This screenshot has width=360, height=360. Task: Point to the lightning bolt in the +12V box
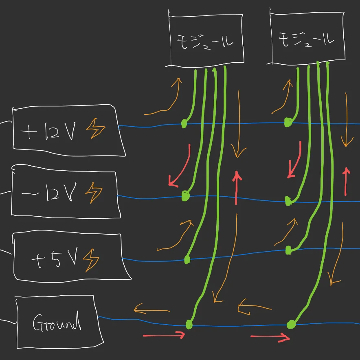(x=95, y=130)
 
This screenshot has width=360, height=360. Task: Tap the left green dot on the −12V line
(x=186, y=196)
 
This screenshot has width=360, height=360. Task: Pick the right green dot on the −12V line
(x=289, y=201)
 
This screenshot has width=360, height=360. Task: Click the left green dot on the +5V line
(x=187, y=259)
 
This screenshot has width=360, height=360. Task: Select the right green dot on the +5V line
(x=289, y=250)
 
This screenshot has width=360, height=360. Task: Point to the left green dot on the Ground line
(x=189, y=324)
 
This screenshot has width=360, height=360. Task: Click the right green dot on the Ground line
(x=291, y=324)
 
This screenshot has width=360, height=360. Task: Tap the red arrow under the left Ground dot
(x=164, y=335)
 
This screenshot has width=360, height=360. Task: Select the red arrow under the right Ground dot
(x=270, y=337)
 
